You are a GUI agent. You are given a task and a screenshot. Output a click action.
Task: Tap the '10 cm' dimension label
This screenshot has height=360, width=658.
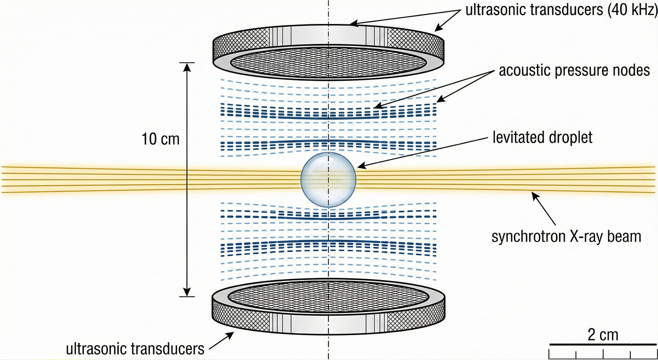pyautogui.click(x=160, y=139)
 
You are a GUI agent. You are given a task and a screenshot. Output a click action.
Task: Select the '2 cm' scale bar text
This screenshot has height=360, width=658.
pyautogui.click(x=603, y=336)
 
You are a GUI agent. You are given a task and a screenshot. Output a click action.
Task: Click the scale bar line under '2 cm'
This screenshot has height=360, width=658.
pyautogui.click(x=603, y=346)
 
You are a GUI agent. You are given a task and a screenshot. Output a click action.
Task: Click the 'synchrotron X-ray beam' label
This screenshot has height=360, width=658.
pyautogui.click(x=566, y=236)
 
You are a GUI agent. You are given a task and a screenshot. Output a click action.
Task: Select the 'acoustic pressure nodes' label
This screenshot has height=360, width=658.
pyautogui.click(x=574, y=71)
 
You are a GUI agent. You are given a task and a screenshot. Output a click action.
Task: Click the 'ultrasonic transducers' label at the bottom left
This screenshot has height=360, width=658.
pyautogui.click(x=135, y=349)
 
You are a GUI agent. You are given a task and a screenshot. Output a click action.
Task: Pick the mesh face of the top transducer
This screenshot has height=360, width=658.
pyautogui.click(x=329, y=61)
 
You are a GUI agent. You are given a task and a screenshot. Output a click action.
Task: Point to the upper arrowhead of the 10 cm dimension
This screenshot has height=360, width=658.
pyautogui.click(x=187, y=66)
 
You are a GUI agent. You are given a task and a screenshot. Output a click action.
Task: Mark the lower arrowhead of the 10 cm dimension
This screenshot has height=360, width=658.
pyautogui.click(x=187, y=293)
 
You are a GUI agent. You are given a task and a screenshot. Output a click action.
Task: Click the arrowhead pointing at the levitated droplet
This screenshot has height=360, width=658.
pyautogui.click(x=359, y=167)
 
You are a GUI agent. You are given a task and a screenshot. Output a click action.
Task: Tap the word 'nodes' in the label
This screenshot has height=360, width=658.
pyautogui.click(x=629, y=71)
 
